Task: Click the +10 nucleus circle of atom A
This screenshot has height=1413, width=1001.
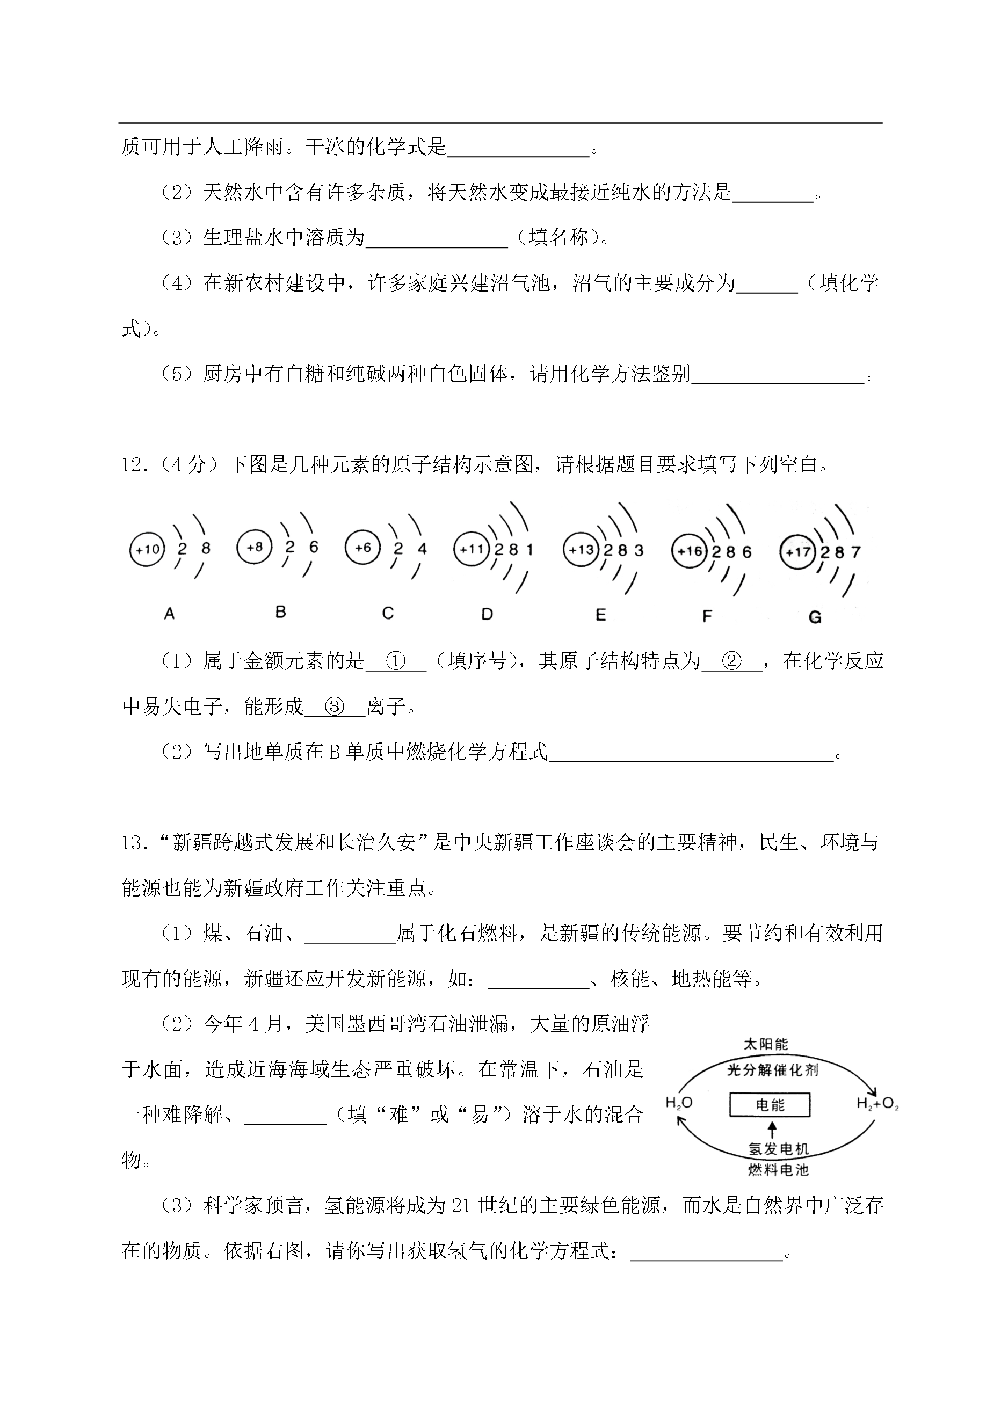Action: [147, 549]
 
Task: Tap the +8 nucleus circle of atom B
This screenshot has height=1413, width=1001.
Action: [254, 547]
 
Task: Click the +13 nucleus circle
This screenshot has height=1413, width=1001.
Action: [581, 550]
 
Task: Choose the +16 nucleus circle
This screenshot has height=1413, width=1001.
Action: [690, 551]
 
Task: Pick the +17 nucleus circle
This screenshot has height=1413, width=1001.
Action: [797, 551]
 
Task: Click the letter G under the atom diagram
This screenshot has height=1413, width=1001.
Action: [814, 617]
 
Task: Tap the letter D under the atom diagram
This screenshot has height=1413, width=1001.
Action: [487, 614]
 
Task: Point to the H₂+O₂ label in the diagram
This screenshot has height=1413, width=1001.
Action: [877, 1104]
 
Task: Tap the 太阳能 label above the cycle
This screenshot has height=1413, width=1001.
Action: [766, 1044]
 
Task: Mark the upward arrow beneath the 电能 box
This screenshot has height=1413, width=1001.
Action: [771, 1129]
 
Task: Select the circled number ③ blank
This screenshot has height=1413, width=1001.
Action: [334, 707]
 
